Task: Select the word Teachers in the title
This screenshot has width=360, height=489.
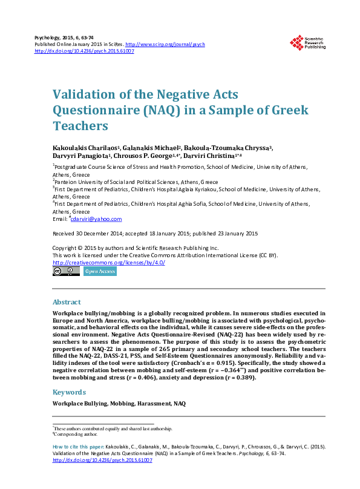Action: (80, 126)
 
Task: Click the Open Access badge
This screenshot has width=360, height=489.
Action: (100, 272)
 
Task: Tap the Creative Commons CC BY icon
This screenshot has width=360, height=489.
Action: (66, 272)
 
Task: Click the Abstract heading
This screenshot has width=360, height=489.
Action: (67, 302)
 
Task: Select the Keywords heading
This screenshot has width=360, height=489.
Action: (69, 392)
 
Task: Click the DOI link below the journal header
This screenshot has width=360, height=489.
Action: (85, 51)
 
